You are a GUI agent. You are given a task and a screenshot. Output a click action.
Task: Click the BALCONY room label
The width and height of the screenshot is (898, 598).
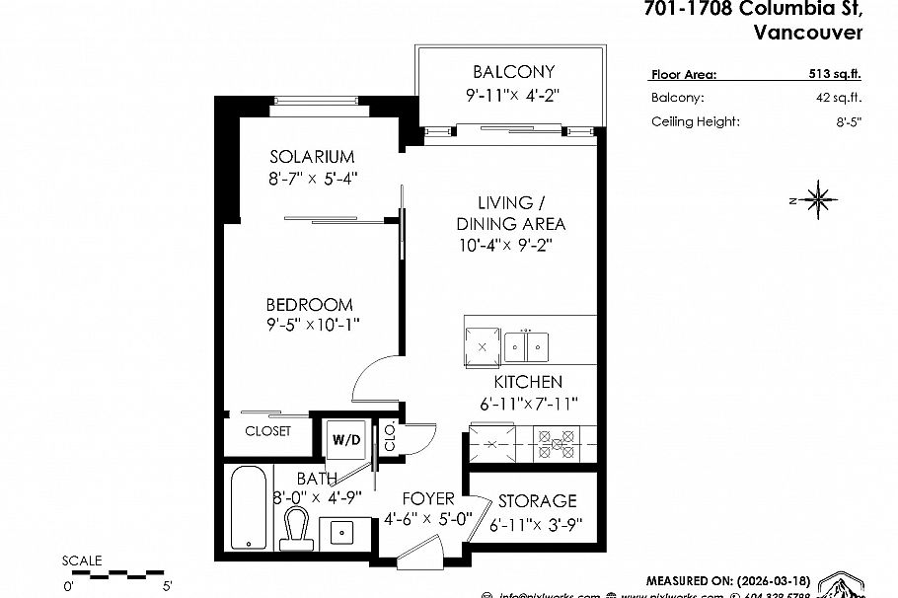point(513,72)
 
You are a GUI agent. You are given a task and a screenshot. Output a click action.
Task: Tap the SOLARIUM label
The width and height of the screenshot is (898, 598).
point(312,157)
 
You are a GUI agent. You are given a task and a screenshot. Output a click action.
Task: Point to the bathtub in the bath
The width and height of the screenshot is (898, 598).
point(248,508)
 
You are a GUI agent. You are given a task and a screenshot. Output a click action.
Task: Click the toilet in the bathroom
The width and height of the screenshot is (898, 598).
point(295,530)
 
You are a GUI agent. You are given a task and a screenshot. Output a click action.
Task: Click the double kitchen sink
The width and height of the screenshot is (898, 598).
point(527,346)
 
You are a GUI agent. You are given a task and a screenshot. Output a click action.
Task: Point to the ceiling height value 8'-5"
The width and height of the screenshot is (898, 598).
point(848,122)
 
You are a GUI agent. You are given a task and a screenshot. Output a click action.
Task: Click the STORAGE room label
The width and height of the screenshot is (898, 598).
point(537,501)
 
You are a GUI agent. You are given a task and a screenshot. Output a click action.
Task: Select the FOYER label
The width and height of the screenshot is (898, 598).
point(426,498)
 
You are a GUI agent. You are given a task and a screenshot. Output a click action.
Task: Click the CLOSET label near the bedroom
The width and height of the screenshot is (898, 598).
point(267,431)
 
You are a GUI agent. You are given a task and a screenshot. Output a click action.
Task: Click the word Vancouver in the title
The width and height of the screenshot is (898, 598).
point(807,33)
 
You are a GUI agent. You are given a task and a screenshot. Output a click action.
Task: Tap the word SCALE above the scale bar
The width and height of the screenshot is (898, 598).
point(82,561)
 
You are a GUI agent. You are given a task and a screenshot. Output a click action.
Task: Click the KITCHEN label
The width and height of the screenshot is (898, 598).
point(528,382)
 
